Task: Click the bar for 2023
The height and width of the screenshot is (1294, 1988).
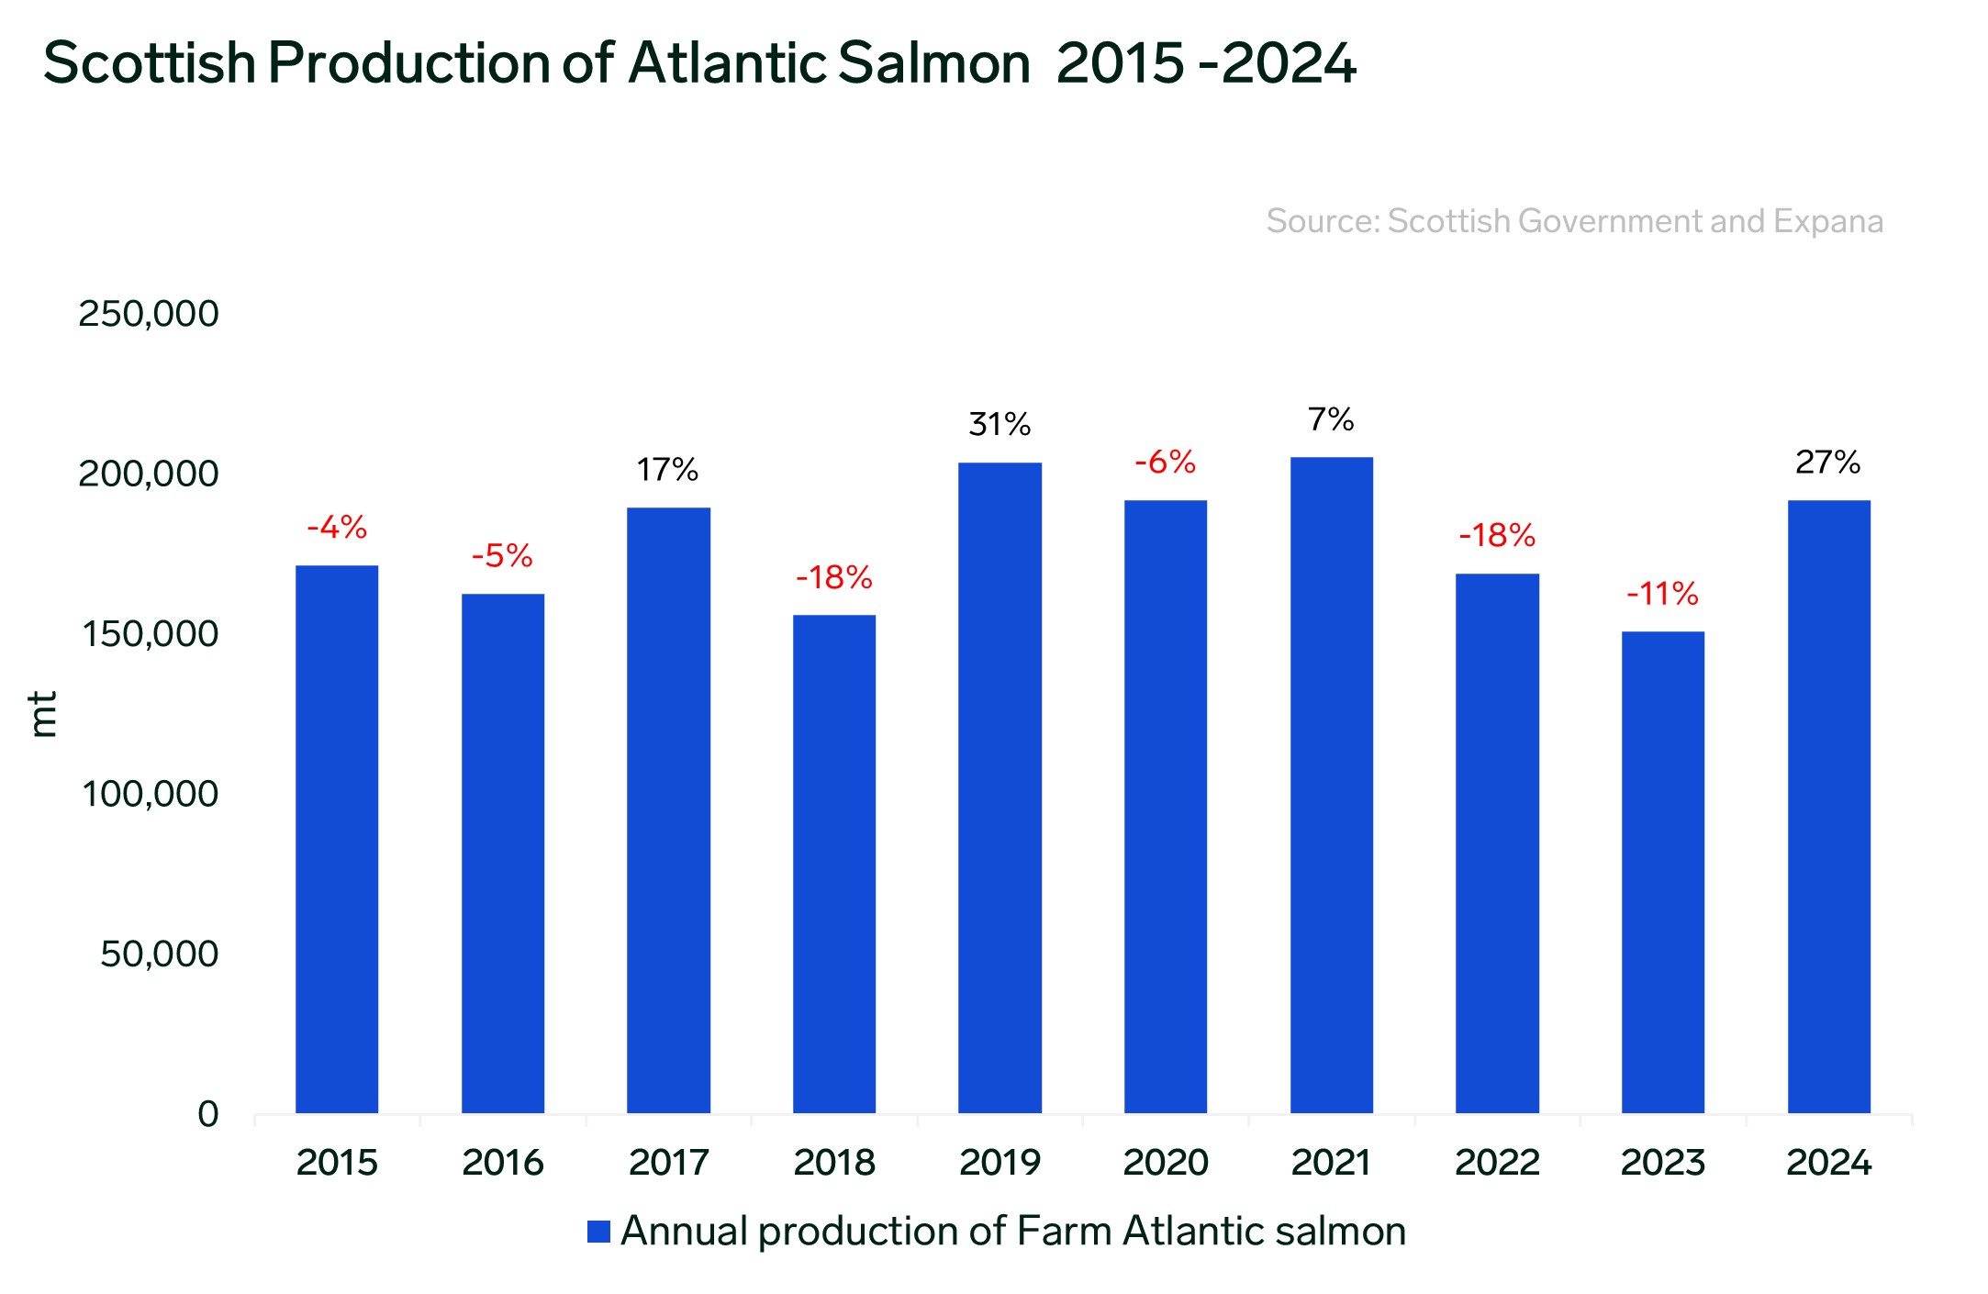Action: pos(1662,872)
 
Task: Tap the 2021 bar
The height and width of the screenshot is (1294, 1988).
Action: pos(1331,785)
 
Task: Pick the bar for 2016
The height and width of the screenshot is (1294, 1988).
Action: pos(502,853)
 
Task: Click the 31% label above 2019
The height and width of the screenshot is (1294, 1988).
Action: pos(1000,424)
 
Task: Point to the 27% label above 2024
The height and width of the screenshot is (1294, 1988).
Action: pos(1827,462)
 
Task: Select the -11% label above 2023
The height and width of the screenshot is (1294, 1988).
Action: pos(1662,594)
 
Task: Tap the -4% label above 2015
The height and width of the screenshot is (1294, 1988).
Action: pos(337,527)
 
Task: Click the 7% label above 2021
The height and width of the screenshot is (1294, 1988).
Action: pos(1331,419)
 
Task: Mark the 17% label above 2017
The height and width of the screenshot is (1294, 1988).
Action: pos(667,470)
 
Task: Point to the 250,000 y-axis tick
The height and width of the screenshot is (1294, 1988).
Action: pos(149,314)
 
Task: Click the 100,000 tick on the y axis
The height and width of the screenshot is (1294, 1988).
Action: pos(151,794)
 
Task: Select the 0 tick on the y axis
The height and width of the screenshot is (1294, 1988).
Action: pos(208,1114)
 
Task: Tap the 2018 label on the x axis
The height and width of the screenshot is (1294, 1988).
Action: pos(833,1163)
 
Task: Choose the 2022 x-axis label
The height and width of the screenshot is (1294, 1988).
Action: pos(1497,1163)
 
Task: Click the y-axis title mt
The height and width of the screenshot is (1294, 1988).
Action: pos(43,714)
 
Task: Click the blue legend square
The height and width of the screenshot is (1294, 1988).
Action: pos(598,1232)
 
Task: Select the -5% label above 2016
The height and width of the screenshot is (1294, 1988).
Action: pos(502,555)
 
